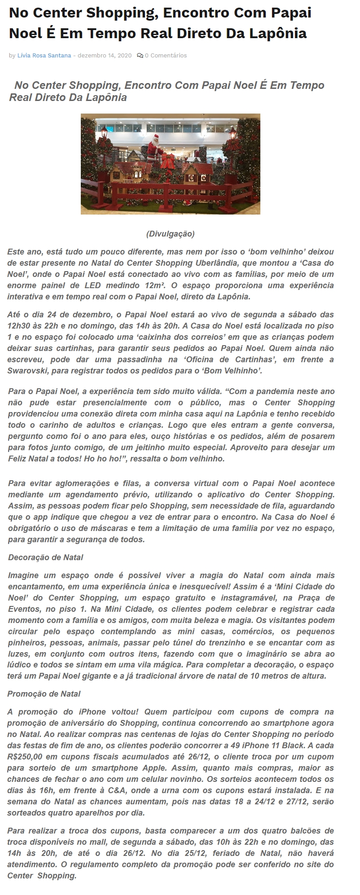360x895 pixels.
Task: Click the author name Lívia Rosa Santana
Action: pos(44,56)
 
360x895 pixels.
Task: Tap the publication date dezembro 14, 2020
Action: pos(105,56)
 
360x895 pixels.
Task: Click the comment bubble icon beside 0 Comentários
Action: pos(140,56)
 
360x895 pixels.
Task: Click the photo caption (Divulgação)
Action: pos(170,234)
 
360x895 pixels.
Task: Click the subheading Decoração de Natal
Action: pos(46,557)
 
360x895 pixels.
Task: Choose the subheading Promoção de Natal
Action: pos(44,693)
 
